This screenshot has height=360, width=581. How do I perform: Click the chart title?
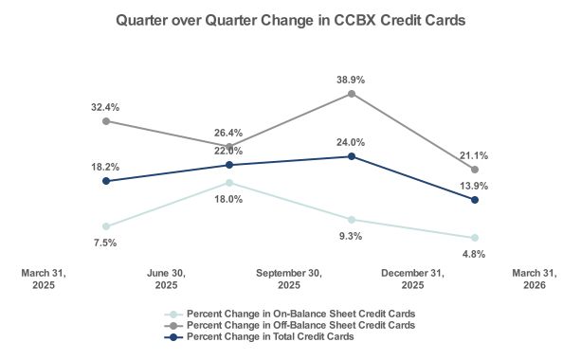coord(290,20)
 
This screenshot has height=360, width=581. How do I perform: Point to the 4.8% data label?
coord(474,254)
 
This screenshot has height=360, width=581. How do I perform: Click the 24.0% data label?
coord(352,142)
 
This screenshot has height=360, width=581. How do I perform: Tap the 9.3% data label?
coord(352,236)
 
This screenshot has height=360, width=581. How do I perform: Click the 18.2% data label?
coord(105,166)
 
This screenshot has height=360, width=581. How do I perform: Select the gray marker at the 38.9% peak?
coord(352,94)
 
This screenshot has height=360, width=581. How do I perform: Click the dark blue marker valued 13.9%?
coord(474,200)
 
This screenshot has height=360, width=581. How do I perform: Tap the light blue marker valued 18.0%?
coord(229,183)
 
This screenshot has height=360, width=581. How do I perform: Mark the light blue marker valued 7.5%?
coord(106,226)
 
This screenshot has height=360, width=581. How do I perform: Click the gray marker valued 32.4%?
coord(106,121)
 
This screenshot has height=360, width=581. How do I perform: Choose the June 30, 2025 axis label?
coord(166,279)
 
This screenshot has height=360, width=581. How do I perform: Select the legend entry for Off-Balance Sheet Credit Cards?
coord(300,325)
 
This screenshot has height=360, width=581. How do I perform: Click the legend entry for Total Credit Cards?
coord(270,336)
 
